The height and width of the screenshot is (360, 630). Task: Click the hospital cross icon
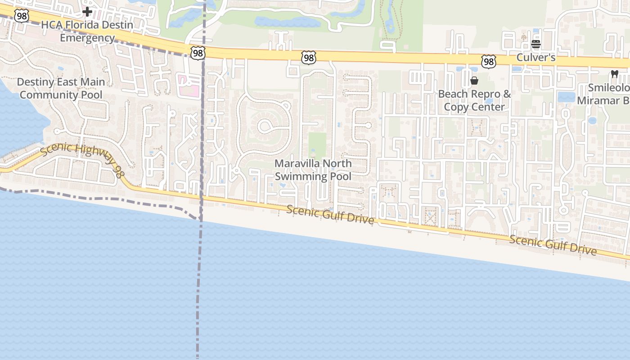[87, 11]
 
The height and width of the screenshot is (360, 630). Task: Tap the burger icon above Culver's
[535, 44]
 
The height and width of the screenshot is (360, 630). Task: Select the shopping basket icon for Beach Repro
[474, 81]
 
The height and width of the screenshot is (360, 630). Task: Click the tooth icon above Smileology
[614, 74]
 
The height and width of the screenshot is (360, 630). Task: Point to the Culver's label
[536, 58]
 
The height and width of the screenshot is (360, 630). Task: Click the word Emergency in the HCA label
[87, 38]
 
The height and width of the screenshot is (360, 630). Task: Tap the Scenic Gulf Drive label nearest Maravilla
[330, 215]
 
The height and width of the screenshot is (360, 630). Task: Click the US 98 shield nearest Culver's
[488, 62]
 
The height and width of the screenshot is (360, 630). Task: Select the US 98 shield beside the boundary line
[198, 53]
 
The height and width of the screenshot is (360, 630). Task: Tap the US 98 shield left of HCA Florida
[21, 16]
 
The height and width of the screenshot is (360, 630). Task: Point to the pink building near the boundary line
[189, 85]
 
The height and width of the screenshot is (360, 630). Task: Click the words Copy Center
[474, 107]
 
